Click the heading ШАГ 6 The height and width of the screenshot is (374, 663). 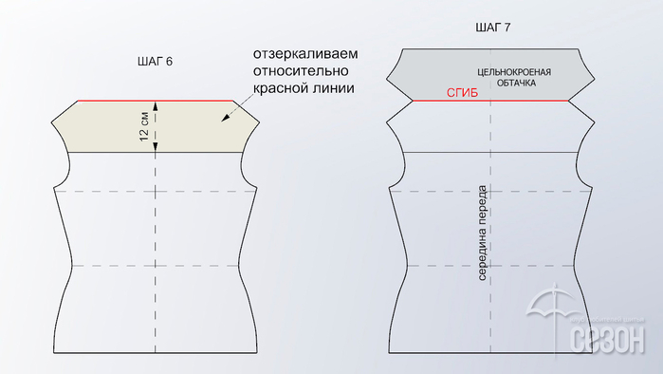click(x=155, y=62)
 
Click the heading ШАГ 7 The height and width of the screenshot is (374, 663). click(x=492, y=28)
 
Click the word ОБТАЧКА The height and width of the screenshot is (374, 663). click(x=517, y=84)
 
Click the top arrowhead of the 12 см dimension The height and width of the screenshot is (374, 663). click(x=156, y=104)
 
